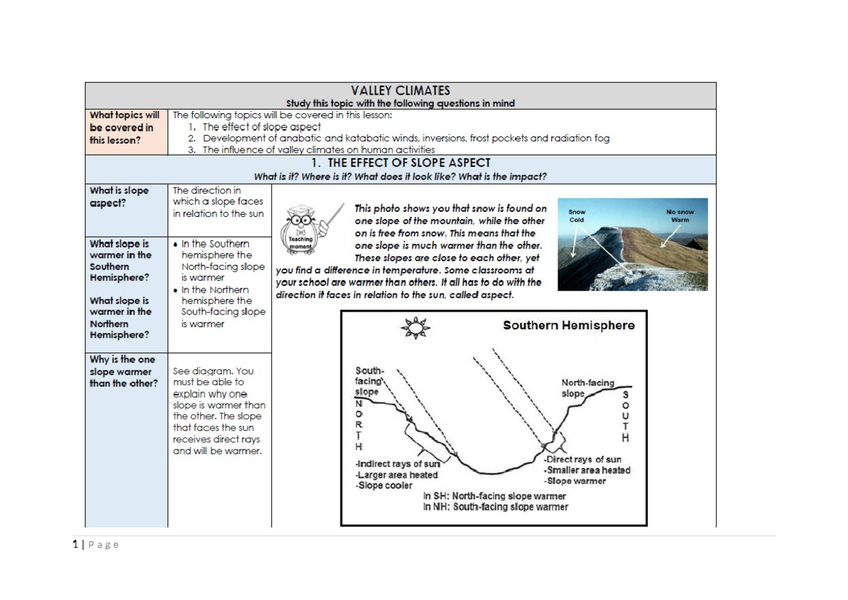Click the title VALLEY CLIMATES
tap(400, 90)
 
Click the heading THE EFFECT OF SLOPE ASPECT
tap(401, 163)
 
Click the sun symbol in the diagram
tap(415, 328)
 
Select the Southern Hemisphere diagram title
tap(568, 326)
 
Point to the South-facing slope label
tap(369, 381)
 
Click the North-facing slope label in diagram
tap(587, 388)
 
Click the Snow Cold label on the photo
tap(577, 216)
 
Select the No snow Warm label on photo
tap(679, 216)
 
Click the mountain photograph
tap(632, 245)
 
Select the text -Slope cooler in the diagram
tap(384, 486)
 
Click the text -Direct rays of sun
tap(583, 459)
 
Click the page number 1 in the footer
tap(76, 544)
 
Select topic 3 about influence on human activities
tap(318, 150)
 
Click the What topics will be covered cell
tap(124, 127)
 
